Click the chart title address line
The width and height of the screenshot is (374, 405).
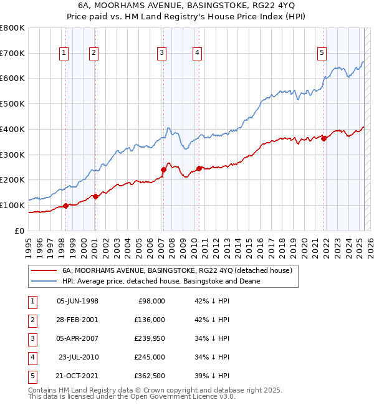186,6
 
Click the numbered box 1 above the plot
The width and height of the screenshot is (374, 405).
64,54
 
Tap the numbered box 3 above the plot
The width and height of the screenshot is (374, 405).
161,54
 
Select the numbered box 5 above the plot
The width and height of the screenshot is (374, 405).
322,54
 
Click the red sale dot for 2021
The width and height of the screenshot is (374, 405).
324,138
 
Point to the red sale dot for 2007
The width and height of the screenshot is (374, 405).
163,169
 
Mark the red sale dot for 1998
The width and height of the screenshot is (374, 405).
66,206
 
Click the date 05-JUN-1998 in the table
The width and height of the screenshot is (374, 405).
77,301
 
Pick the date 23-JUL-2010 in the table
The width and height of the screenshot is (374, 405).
78,357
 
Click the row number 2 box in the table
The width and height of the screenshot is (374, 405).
32,320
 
